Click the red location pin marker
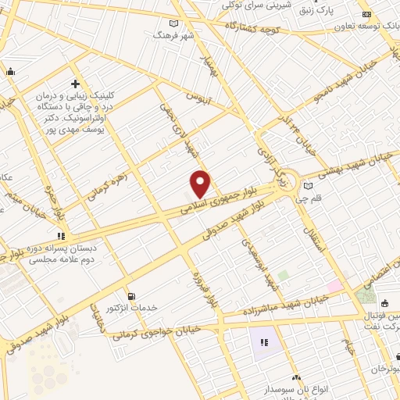tap(201, 184)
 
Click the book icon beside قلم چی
tap(310, 186)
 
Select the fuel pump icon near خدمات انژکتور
tap(130, 296)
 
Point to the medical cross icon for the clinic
tap(76, 84)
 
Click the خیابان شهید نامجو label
tap(345, 79)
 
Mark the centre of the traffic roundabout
tap(289, 184)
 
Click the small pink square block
tap(334, 287)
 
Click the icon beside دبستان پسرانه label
tap(60, 235)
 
